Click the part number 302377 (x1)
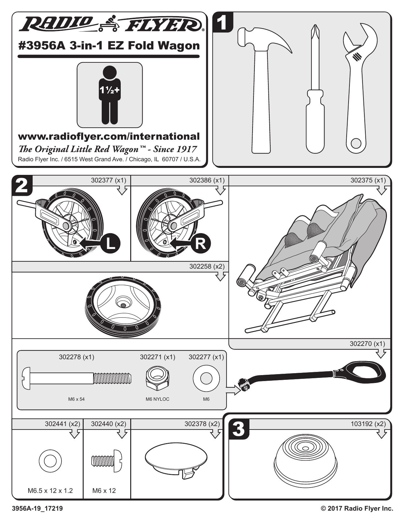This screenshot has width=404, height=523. (x=108, y=181)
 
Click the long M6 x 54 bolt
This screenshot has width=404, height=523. (x=76, y=378)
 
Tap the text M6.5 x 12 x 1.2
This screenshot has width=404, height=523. (x=50, y=491)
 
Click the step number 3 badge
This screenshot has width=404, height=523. (x=239, y=429)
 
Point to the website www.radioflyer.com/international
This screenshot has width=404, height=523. (x=109, y=137)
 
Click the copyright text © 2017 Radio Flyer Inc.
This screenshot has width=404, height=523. (x=357, y=509)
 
